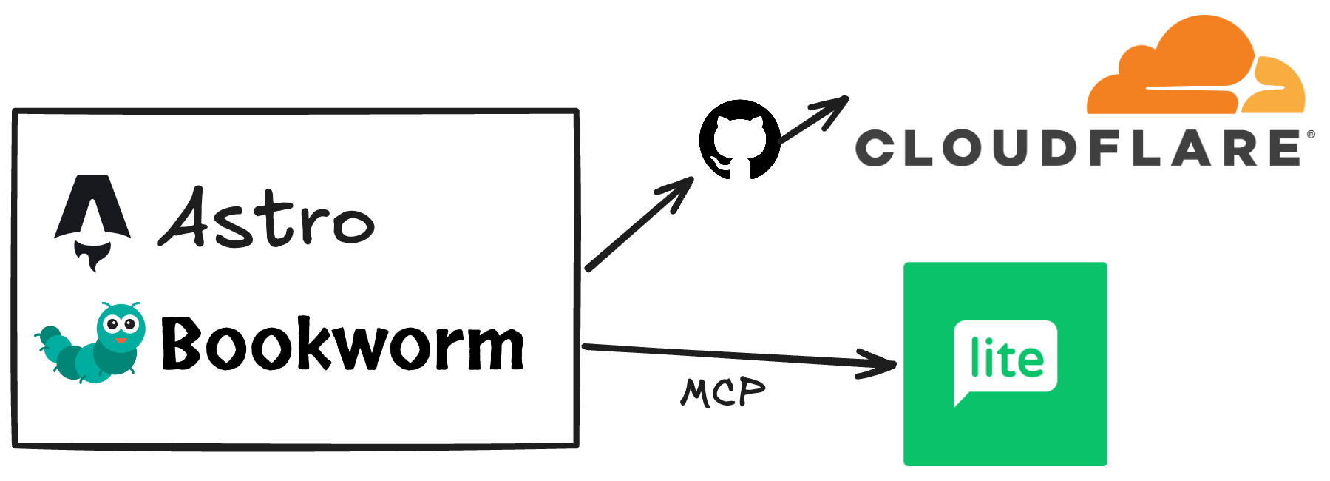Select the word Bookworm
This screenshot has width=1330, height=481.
[342, 343]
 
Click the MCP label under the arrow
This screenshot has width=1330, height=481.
[722, 392]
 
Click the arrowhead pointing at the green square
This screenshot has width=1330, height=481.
[883, 363]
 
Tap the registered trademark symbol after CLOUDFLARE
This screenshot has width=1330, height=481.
[1311, 135]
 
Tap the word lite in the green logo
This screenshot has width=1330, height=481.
[1006, 358]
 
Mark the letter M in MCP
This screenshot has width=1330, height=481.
[695, 392]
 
